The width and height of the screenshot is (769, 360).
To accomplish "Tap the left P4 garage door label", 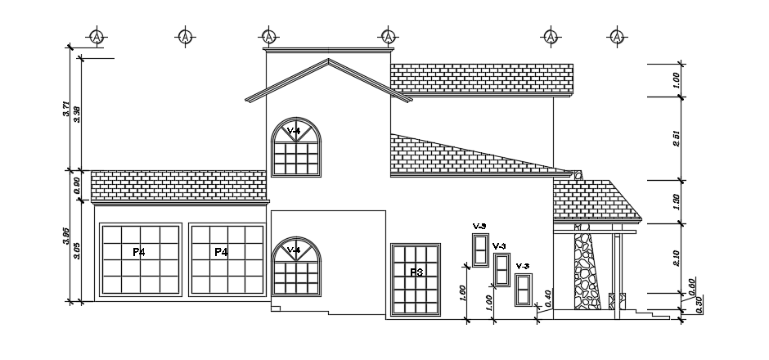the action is [139, 252].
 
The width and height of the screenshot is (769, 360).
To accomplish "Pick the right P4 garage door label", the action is [221, 252].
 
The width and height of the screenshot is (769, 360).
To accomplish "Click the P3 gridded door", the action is [416, 279].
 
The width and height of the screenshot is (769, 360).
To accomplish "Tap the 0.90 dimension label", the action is [77, 185].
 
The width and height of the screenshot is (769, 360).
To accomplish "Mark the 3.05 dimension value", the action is [77, 251].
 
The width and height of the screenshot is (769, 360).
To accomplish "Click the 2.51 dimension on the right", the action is [677, 138].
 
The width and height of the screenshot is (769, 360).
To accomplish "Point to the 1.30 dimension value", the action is [677, 201].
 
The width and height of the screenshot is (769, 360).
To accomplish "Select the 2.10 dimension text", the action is [677, 258].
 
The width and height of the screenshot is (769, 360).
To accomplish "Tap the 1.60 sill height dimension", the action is [463, 293].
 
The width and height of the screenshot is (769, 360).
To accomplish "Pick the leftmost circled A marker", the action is [97, 37].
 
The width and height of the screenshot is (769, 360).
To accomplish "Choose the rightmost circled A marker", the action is [615, 37].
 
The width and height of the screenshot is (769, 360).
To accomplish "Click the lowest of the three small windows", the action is [523, 290].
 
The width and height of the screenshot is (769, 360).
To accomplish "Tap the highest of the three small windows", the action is [479, 249].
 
